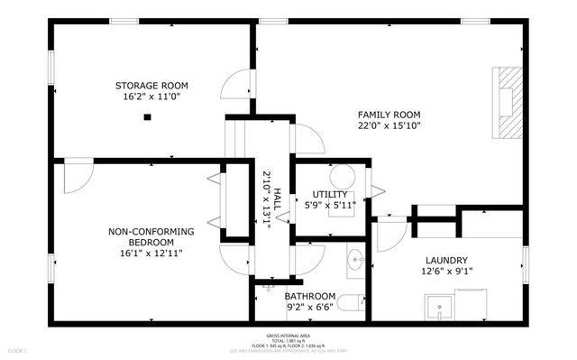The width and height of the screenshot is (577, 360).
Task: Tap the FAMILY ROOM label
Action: [x=389, y=115]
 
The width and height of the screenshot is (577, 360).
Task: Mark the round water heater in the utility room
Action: [x=343, y=177]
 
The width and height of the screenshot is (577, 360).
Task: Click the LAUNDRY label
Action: [x=443, y=259]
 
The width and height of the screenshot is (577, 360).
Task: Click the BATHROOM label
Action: [x=310, y=296]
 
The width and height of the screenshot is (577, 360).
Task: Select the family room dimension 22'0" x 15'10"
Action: [x=389, y=126]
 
